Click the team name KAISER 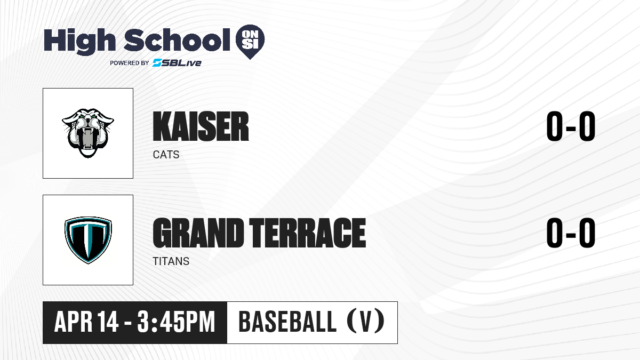(201, 126)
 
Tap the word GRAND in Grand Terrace (198, 233)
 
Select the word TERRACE (308, 233)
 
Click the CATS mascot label (166, 155)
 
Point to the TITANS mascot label (171, 261)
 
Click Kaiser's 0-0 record (571, 126)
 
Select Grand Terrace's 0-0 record (571, 233)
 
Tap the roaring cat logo (88, 133)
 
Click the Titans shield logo (88, 240)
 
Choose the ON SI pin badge (250, 42)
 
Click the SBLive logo (177, 63)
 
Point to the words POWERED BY (130, 63)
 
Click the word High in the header (80, 41)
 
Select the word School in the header (177, 40)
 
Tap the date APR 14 (86, 322)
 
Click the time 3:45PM (176, 322)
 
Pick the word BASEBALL (287, 322)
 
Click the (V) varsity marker (366, 322)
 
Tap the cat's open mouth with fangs (88, 139)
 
